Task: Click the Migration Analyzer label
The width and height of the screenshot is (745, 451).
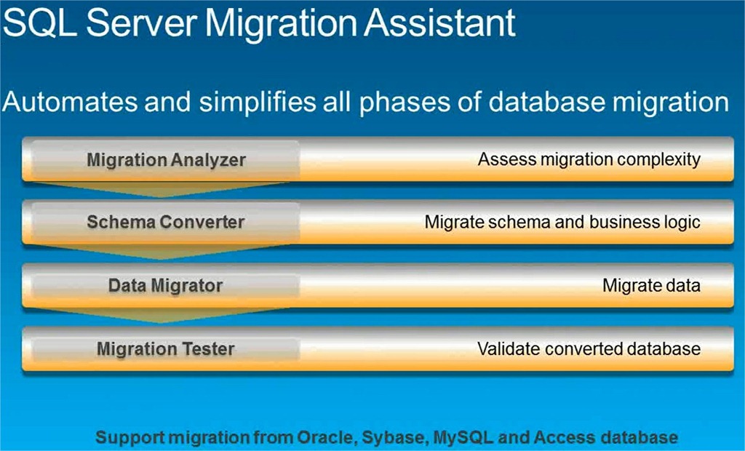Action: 166,160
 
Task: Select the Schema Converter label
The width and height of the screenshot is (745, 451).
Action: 165,222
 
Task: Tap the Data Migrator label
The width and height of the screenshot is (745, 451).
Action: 165,286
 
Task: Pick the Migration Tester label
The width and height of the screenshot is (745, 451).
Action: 165,349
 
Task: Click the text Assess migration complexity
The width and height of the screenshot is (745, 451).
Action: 589,160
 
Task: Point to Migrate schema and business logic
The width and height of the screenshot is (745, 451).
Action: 562,223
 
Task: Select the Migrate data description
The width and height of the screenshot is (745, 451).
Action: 651,286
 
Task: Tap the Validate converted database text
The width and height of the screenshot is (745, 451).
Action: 589,349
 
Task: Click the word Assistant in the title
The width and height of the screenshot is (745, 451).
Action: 440,23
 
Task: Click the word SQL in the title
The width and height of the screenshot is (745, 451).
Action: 39,23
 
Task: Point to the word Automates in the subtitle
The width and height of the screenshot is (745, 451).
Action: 70,102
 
